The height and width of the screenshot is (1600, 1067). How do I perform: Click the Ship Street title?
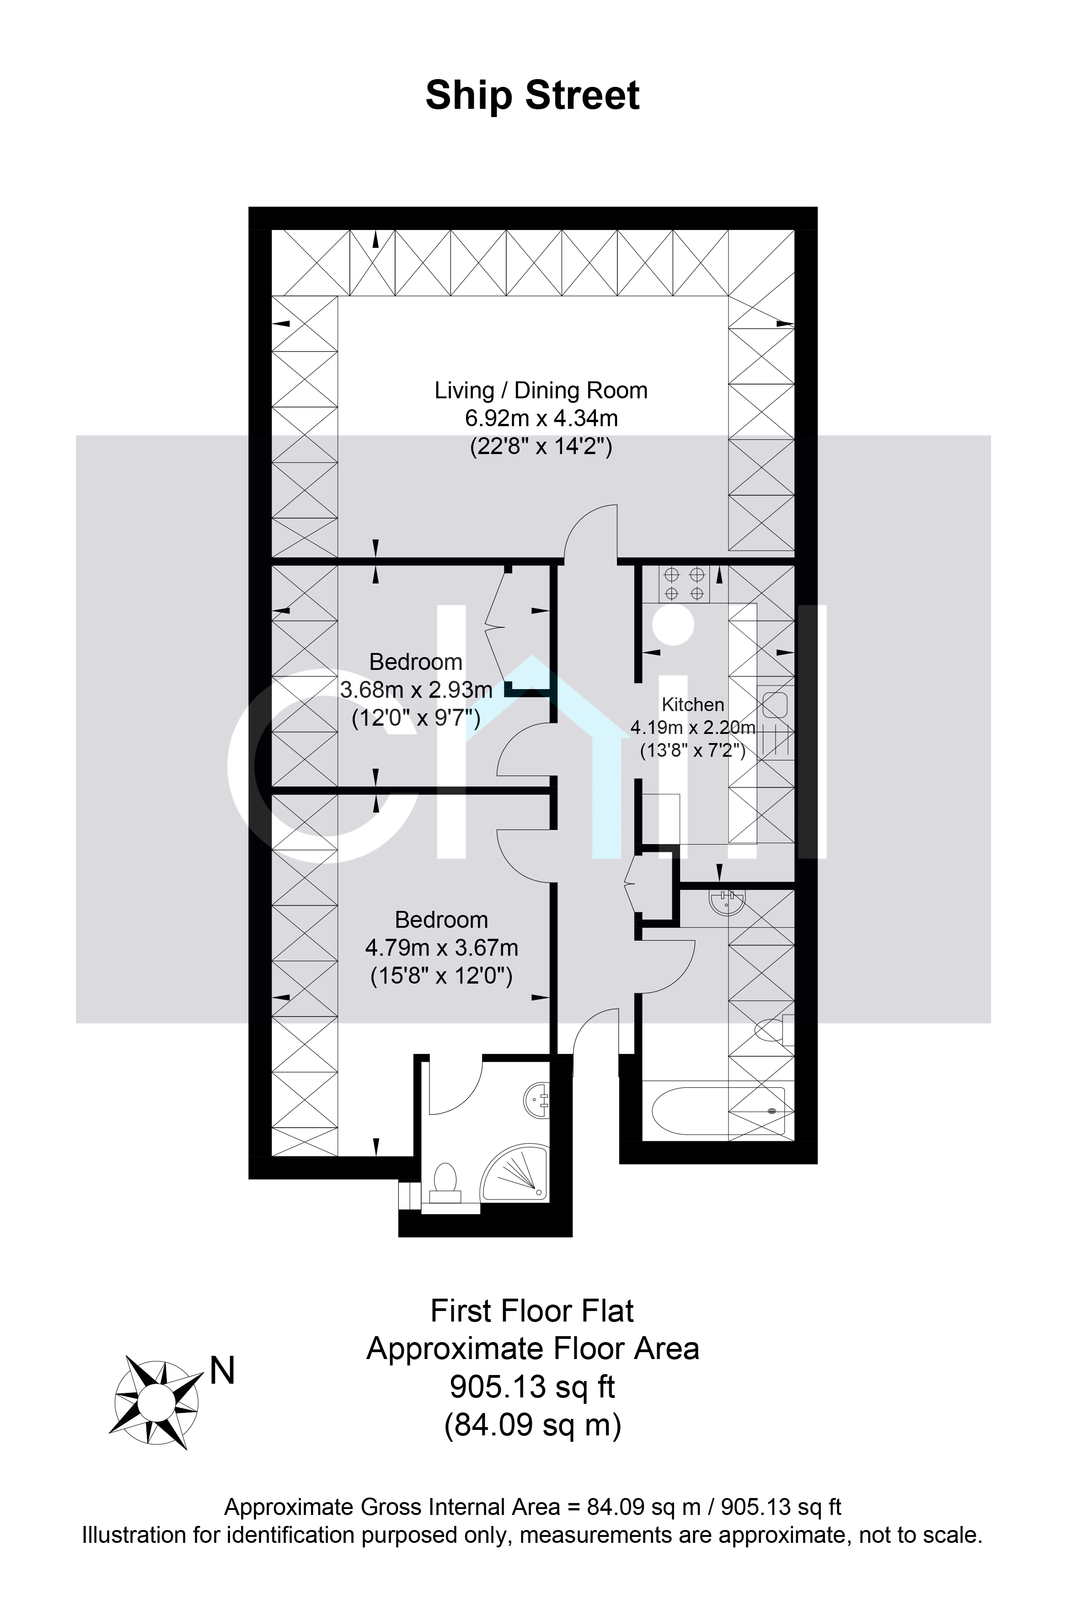pos(532,95)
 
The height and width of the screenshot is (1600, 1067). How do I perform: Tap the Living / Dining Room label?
pos(541,391)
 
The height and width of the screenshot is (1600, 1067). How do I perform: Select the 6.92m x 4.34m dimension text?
pos(541,417)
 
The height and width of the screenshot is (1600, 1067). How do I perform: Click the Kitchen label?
pos(693,705)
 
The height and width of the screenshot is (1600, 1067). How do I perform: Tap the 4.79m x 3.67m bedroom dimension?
pos(442,947)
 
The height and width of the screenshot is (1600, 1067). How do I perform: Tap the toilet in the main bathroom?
pos(776,1030)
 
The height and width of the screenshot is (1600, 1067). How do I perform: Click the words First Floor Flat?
pos(533,1311)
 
